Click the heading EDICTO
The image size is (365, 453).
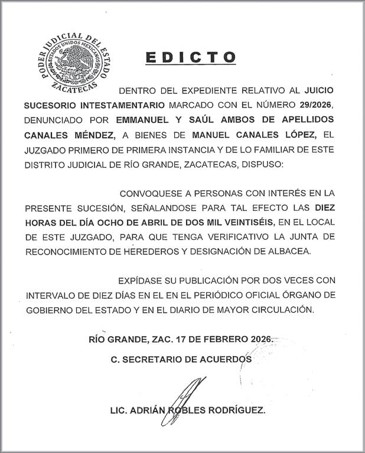[190, 57]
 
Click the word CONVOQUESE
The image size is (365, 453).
[151, 193]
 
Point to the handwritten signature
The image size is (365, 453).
[184, 396]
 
